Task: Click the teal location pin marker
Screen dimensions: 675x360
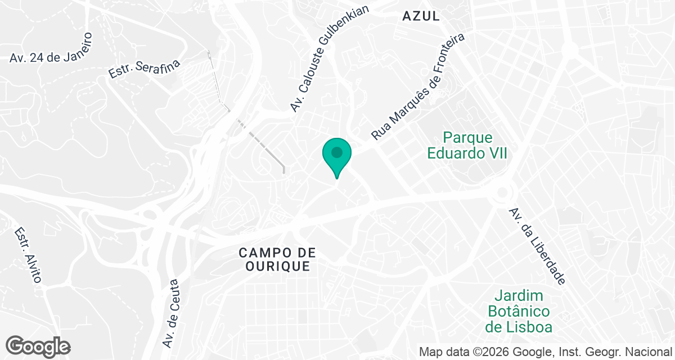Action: [x=337, y=157]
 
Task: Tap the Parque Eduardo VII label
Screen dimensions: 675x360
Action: [x=467, y=145]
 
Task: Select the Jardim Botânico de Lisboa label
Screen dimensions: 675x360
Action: [x=519, y=311]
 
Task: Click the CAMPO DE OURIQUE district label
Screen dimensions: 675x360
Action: [x=277, y=259]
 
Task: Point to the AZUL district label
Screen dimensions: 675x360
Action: [x=421, y=16]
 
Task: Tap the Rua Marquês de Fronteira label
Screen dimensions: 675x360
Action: [x=419, y=87]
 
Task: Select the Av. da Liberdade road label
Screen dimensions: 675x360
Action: [x=537, y=246]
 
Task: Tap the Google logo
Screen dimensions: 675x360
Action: [x=38, y=346]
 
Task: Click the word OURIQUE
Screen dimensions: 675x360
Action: [x=277, y=266]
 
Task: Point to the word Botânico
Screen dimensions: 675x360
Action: [x=519, y=311]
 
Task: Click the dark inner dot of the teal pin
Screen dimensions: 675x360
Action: [x=337, y=152]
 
